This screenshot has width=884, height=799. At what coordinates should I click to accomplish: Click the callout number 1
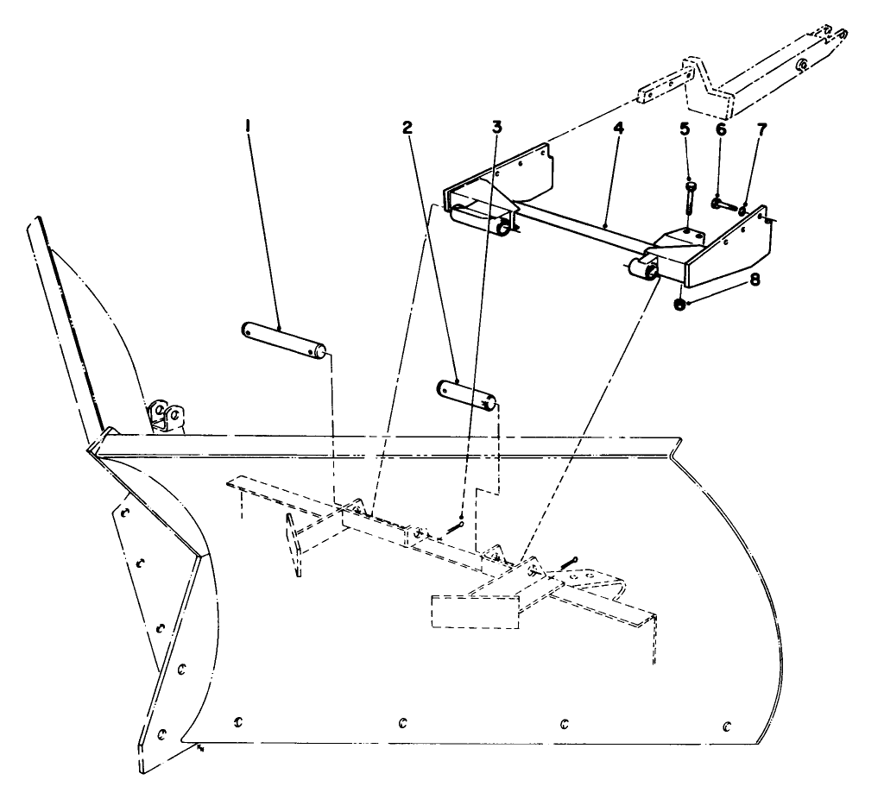[x=249, y=127]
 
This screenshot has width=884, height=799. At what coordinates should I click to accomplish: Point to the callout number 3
[x=496, y=127]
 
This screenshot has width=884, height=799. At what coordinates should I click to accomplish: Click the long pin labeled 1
[x=282, y=340]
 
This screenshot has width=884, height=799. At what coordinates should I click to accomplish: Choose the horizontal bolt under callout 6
[x=724, y=205]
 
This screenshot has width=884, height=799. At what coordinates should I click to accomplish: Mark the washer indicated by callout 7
[x=742, y=209]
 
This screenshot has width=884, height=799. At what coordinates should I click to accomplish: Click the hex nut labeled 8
[x=680, y=303]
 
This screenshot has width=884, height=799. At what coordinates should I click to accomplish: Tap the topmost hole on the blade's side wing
[x=124, y=513]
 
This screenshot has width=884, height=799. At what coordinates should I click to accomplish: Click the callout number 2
[x=406, y=127]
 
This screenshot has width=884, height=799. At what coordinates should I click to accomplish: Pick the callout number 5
[x=685, y=129]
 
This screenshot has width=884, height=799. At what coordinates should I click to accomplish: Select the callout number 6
[x=721, y=129]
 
